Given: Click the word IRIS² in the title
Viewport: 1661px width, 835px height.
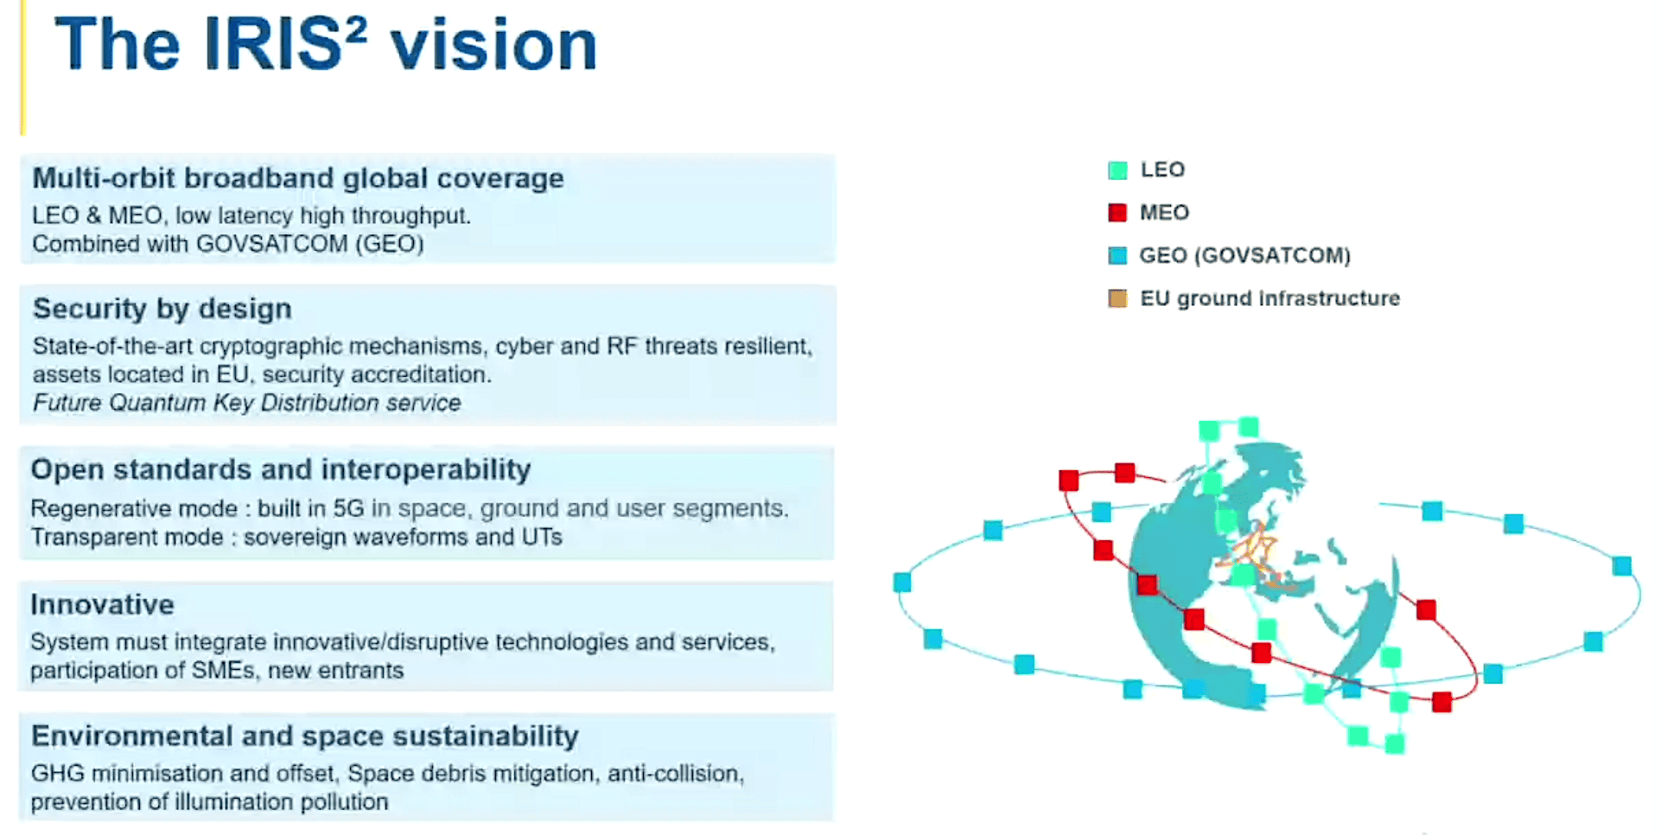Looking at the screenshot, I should [285, 45].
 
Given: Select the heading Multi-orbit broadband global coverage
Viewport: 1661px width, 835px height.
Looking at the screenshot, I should [298, 178].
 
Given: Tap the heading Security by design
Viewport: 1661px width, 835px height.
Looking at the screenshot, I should [162, 309].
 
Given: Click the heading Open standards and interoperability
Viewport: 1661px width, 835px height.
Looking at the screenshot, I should [281, 469].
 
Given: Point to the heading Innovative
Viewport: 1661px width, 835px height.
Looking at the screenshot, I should [102, 604].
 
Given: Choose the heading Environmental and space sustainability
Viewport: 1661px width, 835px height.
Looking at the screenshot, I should [304, 736].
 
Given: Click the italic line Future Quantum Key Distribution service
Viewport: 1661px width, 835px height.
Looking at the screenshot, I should [246, 403].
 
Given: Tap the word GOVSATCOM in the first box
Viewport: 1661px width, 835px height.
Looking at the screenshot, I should [272, 244].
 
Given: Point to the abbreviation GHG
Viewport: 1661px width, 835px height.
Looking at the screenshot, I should [58, 773].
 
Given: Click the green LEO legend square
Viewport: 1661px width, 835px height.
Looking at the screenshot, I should [1117, 170].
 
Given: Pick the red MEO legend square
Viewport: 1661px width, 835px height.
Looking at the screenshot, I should [1117, 213].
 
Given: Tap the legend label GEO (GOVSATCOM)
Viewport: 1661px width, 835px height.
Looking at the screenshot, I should [1244, 256].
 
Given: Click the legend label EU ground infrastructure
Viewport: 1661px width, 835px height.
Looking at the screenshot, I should [1270, 299].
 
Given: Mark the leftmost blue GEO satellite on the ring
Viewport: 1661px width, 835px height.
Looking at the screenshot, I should [902, 583].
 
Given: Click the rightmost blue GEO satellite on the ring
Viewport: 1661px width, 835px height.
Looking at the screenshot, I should [1621, 566].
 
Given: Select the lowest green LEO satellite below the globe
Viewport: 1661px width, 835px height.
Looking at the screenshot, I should [1394, 743].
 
